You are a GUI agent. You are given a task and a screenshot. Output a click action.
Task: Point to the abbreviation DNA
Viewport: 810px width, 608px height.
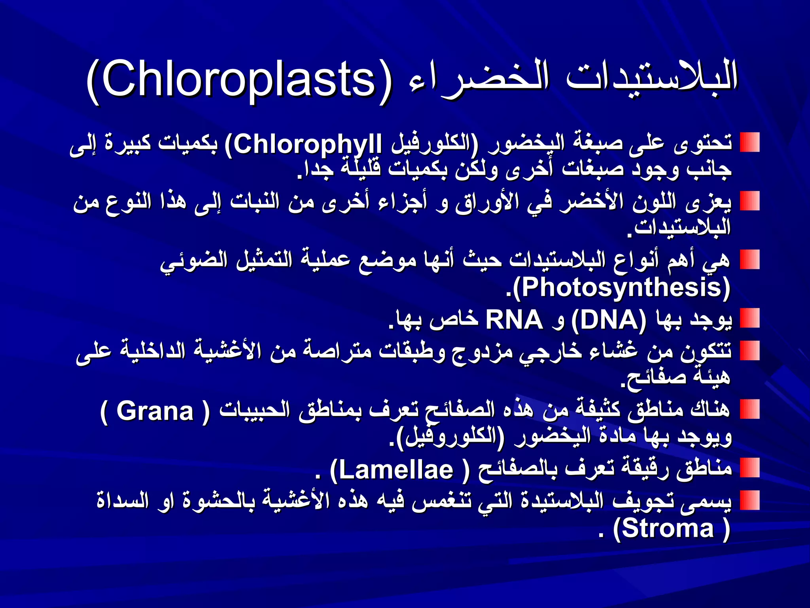(x=609, y=320)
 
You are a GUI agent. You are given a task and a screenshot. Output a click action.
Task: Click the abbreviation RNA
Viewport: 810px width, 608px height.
(x=514, y=320)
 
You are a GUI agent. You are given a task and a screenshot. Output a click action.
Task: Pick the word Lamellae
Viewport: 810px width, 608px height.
(x=396, y=470)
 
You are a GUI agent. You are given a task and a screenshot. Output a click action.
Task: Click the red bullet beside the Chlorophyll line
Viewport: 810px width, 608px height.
(x=750, y=142)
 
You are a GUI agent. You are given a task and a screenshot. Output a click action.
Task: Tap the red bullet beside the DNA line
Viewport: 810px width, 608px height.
(x=750, y=318)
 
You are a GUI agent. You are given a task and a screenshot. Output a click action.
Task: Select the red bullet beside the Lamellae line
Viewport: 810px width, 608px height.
(x=750, y=468)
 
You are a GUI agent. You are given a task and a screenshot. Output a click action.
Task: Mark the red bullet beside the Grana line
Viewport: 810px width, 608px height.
(x=750, y=409)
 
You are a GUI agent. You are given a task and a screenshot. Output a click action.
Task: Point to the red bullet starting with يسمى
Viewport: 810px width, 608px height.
(x=750, y=500)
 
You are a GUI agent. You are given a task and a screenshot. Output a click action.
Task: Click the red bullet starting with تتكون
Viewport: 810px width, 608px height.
(x=750, y=351)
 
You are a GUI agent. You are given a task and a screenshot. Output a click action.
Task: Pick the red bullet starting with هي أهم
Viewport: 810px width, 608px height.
(x=750, y=260)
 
